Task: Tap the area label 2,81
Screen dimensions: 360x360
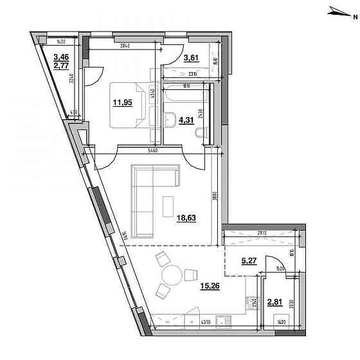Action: point(274,301)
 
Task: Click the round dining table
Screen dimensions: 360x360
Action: point(171,277)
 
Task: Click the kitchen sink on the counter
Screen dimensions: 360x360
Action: point(221,321)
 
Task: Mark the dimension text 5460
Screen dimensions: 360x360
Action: point(152,150)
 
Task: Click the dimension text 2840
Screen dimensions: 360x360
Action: point(125,45)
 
